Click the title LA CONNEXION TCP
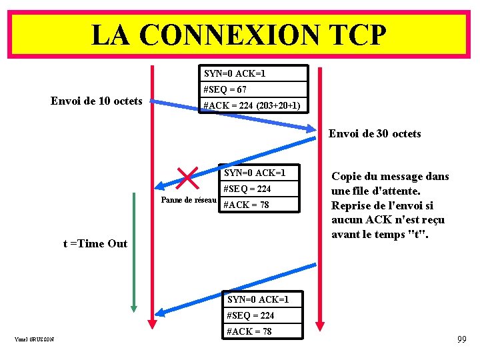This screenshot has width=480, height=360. tap(238, 34)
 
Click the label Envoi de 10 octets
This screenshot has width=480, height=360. tap(97, 101)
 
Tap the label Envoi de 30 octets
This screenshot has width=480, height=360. tap(375, 133)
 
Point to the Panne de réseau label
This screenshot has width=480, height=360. tap(189, 200)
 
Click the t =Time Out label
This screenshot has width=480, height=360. tap(95, 243)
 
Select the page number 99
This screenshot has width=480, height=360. tap(461, 340)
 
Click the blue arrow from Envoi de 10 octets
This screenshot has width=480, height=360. tap(233, 115)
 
